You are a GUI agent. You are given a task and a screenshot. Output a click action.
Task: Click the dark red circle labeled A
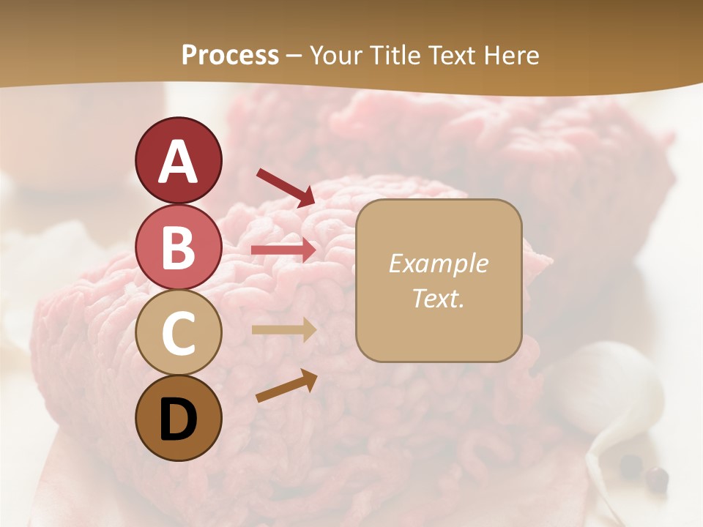pos(178,160)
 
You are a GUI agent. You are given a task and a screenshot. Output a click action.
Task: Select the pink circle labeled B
pos(178,247)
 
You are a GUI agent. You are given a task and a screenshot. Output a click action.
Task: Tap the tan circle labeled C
pos(178,332)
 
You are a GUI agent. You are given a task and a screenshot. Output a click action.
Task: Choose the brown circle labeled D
pos(178,418)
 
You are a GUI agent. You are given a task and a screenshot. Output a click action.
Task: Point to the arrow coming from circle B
pos(284,250)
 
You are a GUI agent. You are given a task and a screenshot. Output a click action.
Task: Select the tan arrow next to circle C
pos(284,330)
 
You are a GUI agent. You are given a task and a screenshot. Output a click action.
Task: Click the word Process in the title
pos(230,56)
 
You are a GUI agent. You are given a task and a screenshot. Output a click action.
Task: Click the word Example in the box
pos(438,263)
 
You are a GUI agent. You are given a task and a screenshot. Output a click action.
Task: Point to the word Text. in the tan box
pos(438,298)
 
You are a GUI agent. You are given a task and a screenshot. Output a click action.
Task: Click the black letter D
pos(178,419)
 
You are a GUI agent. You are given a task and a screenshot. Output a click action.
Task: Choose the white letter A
pos(178,162)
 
